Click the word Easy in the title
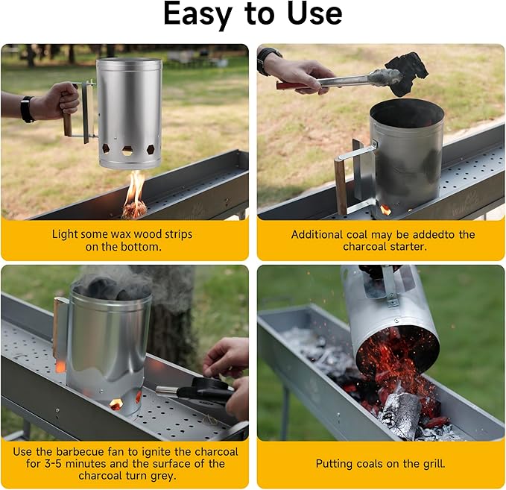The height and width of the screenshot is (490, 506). tap(197, 14)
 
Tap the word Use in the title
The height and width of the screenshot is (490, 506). tap(314, 13)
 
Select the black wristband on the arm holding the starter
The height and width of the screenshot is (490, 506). tap(28, 109)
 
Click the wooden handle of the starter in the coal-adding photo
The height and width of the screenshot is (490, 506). tap(341, 192)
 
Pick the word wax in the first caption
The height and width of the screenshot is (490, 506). tap(121, 234)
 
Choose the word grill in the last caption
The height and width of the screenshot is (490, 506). tap(434, 464)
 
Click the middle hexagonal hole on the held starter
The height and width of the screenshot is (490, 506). tap(127, 150)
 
